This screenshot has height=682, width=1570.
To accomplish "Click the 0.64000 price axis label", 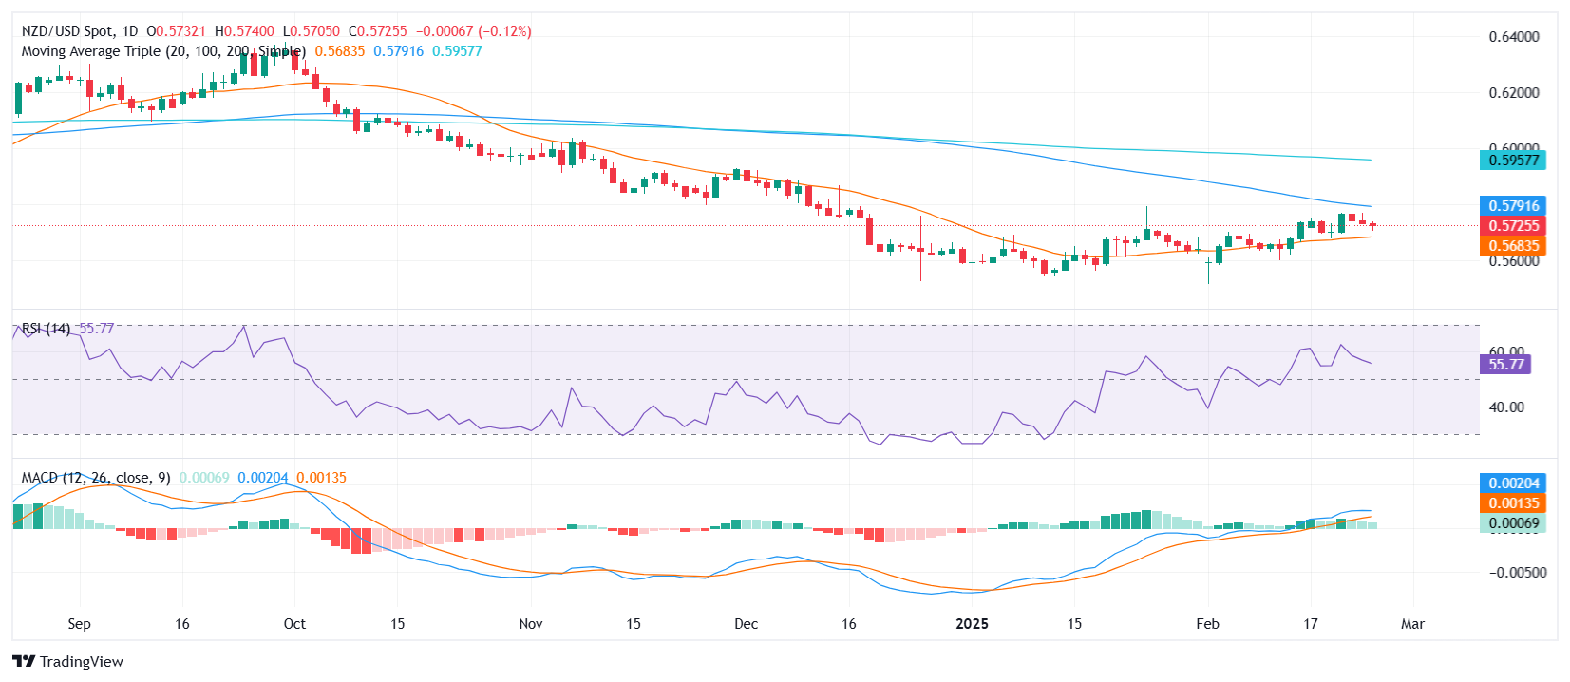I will click(x=1514, y=37).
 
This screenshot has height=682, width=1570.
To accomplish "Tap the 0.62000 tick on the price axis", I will click(x=1514, y=93).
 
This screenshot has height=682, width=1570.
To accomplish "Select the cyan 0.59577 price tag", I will click(x=1513, y=160).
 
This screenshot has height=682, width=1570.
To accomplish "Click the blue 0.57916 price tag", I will click(x=1513, y=206).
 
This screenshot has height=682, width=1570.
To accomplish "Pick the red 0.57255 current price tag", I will click(x=1513, y=226).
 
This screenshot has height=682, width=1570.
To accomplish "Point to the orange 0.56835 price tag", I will click(x=1513, y=246).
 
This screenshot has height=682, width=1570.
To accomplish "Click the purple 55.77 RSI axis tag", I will click(x=1505, y=365).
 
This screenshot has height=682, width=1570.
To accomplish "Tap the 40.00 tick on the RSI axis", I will click(x=1506, y=407).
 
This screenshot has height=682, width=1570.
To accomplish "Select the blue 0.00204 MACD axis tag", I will click(x=1513, y=483).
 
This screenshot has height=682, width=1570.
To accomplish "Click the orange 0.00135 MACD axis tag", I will click(x=1513, y=503).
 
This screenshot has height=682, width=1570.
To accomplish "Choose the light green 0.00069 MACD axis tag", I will click(x=1513, y=523).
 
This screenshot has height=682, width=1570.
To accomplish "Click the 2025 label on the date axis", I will click(x=972, y=624).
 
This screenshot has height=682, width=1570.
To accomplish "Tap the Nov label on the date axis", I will click(x=531, y=624).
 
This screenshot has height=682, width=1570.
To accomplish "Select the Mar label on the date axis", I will click(x=1412, y=624).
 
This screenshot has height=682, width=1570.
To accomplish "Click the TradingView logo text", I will click(x=81, y=662).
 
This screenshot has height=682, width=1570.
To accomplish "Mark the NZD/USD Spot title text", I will click(x=66, y=31).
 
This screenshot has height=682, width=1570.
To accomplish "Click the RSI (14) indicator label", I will click(x=46, y=329).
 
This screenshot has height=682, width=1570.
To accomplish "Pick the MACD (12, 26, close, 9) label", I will click(x=96, y=478).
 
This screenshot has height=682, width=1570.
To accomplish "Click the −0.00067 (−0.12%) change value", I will click(x=473, y=31).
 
